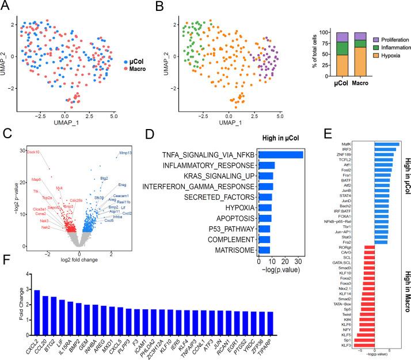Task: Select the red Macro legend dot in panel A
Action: point(127,69)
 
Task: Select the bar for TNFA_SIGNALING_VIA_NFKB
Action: point(281,154)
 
